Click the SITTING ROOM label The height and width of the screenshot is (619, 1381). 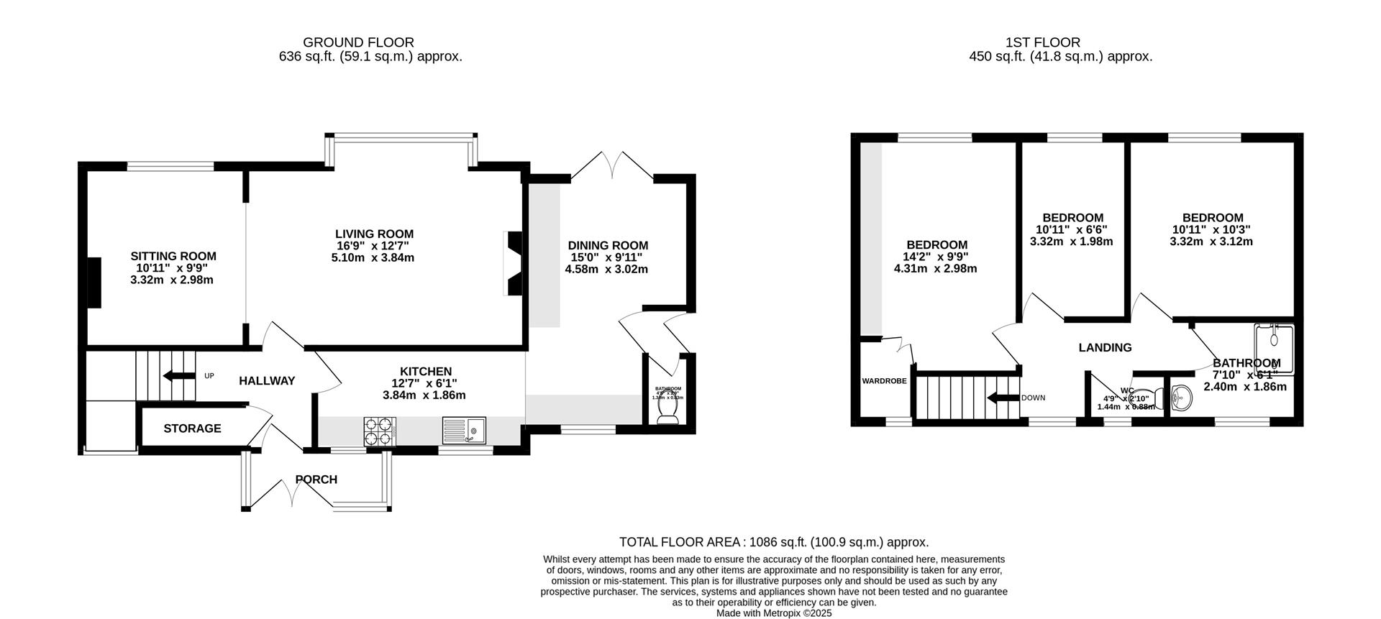point(173,256)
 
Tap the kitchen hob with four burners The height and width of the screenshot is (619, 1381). point(377,432)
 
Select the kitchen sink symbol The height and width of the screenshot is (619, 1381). point(464,431)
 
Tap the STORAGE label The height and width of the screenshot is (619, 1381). point(192,428)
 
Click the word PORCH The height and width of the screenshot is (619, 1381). point(316,480)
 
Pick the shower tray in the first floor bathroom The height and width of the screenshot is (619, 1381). point(1274,349)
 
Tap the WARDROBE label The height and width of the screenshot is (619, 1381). point(884,381)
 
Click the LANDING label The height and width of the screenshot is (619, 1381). point(1105,348)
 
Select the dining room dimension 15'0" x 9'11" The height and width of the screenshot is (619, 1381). point(607,257)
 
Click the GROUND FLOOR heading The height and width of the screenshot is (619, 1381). point(358,42)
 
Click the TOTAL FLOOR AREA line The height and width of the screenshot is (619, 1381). point(774,542)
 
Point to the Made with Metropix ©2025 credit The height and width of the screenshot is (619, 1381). point(774,613)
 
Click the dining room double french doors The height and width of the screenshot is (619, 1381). point(612,165)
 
